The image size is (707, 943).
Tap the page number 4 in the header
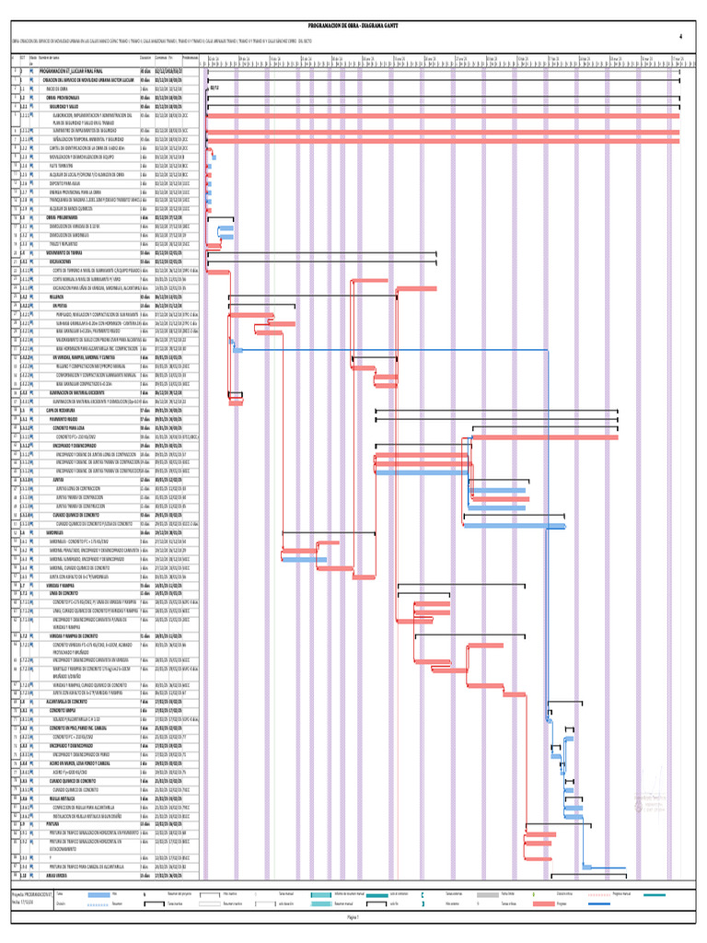679,37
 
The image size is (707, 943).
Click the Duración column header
146,58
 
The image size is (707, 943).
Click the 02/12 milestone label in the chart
214,88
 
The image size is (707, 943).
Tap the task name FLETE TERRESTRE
65,165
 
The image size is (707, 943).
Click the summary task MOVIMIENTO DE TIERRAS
64,251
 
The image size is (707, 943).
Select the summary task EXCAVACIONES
62,261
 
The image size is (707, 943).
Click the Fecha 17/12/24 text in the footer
20,926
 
